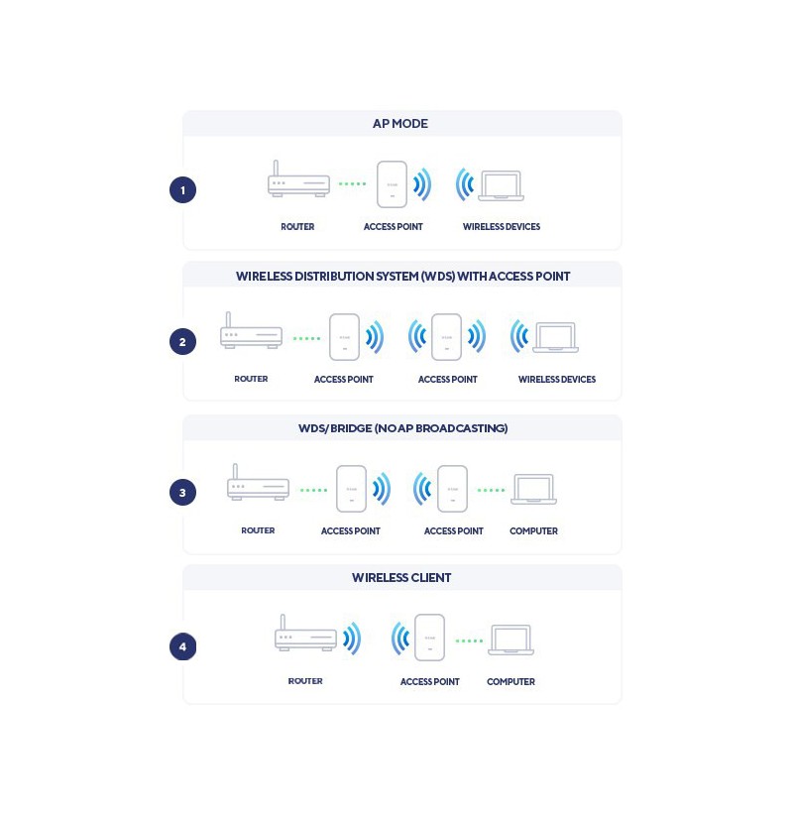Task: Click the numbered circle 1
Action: tap(182, 190)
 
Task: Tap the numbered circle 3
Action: tap(182, 493)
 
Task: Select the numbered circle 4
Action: tap(182, 646)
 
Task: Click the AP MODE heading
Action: tap(400, 124)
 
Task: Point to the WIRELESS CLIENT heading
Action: tap(401, 578)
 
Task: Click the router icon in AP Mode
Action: tap(298, 178)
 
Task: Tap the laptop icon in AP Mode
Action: tap(502, 185)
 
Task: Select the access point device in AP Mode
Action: tap(392, 184)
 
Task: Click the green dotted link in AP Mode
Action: tap(352, 183)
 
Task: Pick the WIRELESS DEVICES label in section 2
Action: tap(557, 380)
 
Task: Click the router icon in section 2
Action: tap(252, 330)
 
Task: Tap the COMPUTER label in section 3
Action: tap(533, 530)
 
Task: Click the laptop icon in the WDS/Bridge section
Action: tap(534, 489)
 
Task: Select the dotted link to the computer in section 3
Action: tap(492, 490)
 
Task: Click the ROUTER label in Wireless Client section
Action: tap(305, 681)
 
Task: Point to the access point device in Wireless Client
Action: tap(430, 638)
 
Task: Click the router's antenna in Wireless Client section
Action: tap(283, 622)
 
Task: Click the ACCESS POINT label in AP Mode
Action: tap(393, 227)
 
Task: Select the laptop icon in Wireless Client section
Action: tap(510, 641)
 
